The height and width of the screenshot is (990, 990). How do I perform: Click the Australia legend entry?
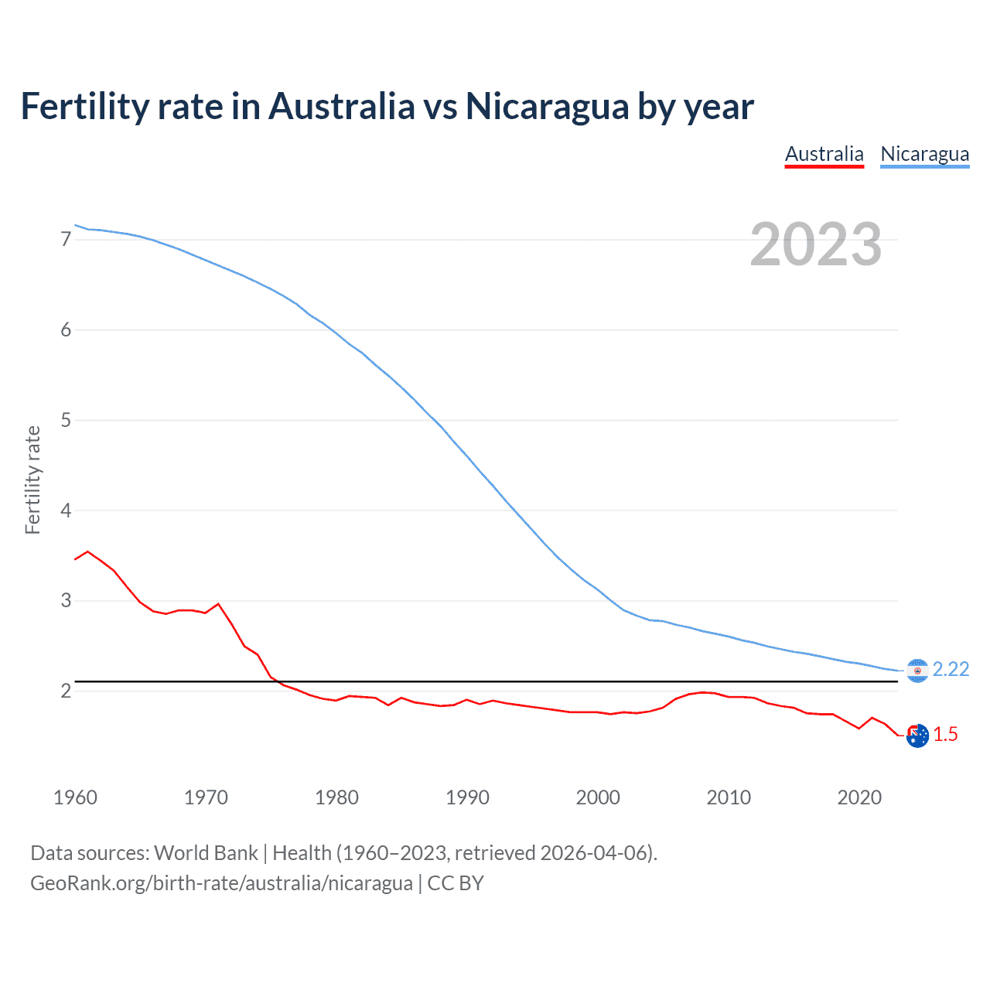(824, 154)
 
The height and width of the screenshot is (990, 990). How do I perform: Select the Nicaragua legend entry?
(924, 154)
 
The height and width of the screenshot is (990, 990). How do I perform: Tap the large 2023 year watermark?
(815, 244)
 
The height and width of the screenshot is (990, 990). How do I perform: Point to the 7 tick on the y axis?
(66, 240)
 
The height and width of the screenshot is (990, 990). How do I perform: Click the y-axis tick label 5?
(66, 420)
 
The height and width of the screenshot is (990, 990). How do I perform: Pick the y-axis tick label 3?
(66, 600)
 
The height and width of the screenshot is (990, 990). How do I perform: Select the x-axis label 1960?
(75, 797)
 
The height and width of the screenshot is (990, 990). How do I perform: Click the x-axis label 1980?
(336, 797)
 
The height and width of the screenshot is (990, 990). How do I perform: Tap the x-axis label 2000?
(598, 797)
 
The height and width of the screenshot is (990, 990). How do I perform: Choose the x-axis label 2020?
(859, 797)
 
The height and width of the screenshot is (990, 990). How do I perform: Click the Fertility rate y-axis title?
(32, 480)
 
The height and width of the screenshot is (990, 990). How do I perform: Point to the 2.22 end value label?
(951, 669)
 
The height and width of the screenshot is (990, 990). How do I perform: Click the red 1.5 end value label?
(945, 734)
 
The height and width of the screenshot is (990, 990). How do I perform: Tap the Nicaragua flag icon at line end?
(917, 671)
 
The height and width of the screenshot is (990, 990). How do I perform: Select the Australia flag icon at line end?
(917, 736)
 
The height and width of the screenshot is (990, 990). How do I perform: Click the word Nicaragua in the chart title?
(547, 106)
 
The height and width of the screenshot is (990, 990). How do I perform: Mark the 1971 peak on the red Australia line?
(218, 603)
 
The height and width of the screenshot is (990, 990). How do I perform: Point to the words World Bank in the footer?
(206, 853)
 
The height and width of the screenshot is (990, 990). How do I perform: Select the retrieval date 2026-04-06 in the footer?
(593, 853)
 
